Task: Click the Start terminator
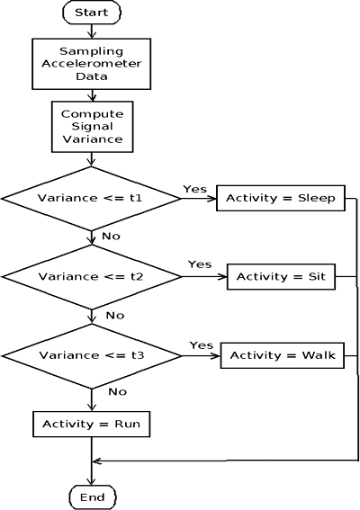(x=92, y=13)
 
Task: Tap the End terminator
(x=93, y=497)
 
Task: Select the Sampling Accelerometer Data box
(x=92, y=64)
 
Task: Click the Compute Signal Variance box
(x=93, y=127)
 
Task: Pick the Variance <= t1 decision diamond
(x=91, y=199)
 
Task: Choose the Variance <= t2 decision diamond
(x=92, y=277)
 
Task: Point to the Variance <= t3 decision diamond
(x=92, y=356)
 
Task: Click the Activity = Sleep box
(x=281, y=198)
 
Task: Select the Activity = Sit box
(x=281, y=277)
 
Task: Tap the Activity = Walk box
(x=283, y=355)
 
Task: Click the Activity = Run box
(x=92, y=425)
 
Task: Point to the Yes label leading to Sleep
(x=194, y=189)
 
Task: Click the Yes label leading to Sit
(x=200, y=264)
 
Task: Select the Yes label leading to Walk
(x=202, y=345)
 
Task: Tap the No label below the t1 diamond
(x=111, y=237)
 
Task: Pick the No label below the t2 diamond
(x=115, y=316)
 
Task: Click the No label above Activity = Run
(x=117, y=391)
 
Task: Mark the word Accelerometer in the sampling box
(x=92, y=64)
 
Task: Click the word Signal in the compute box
(x=92, y=127)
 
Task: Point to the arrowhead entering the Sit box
(x=223, y=277)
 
